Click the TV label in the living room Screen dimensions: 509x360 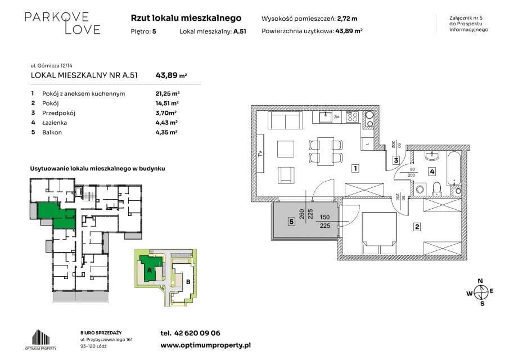(x=260, y=154)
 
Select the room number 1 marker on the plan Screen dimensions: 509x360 (x=356, y=168)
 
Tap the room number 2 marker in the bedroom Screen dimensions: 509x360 (x=417, y=227)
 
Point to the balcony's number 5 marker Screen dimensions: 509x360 (x=291, y=222)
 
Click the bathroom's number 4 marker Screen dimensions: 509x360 (x=432, y=172)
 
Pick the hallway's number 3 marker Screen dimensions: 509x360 (x=396, y=160)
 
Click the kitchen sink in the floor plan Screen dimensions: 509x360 (x=325, y=117)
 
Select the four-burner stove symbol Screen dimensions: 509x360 (x=352, y=117)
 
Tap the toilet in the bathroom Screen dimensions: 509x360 (x=437, y=189)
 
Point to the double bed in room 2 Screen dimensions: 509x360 (x=379, y=233)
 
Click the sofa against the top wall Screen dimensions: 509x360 (x=285, y=120)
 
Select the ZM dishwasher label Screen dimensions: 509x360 (x=337, y=117)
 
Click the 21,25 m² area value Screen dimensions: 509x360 (x=168, y=93)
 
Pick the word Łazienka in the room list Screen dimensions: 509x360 (x=55, y=123)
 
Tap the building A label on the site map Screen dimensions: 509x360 (x=149, y=270)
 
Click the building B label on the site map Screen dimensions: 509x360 (x=188, y=282)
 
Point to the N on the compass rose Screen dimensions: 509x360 (x=480, y=281)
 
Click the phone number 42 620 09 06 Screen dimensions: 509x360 (x=197, y=333)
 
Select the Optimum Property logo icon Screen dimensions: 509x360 (x=41, y=337)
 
